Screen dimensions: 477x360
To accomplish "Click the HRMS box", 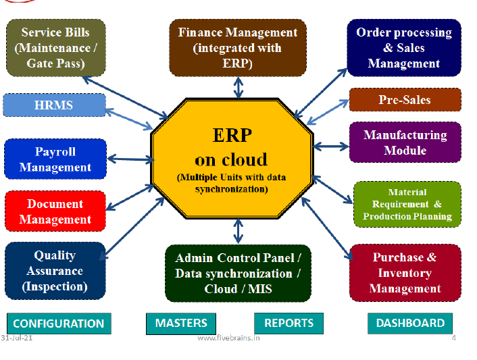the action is (55, 105).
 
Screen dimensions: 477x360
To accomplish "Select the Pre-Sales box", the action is (405, 100).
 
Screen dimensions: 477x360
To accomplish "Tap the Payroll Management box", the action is (55, 159).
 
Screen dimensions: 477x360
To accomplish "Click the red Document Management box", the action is (55, 211).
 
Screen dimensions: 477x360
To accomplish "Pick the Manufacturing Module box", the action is (405, 143).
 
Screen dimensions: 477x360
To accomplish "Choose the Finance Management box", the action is (238, 48).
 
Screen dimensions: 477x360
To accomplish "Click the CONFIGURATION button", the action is (59, 324).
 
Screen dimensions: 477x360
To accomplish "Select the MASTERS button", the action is (181, 324).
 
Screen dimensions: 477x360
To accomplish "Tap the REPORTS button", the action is (288, 324).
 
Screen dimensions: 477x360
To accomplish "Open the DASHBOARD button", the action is (410, 324).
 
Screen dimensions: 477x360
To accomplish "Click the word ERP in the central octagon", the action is (232, 135).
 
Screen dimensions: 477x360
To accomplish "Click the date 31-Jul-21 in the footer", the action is (16, 338).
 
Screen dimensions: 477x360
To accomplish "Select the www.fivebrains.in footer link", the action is (228, 338).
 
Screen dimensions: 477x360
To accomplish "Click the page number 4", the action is (453, 338).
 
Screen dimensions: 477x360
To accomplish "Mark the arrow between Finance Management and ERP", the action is (238, 88).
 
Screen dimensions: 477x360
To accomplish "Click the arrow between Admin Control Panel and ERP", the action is (238, 231).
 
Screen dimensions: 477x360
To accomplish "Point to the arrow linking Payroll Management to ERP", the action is (131, 159).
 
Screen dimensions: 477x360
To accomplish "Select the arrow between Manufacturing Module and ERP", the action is (330, 147).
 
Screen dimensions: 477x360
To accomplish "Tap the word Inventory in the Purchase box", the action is (405, 273).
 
